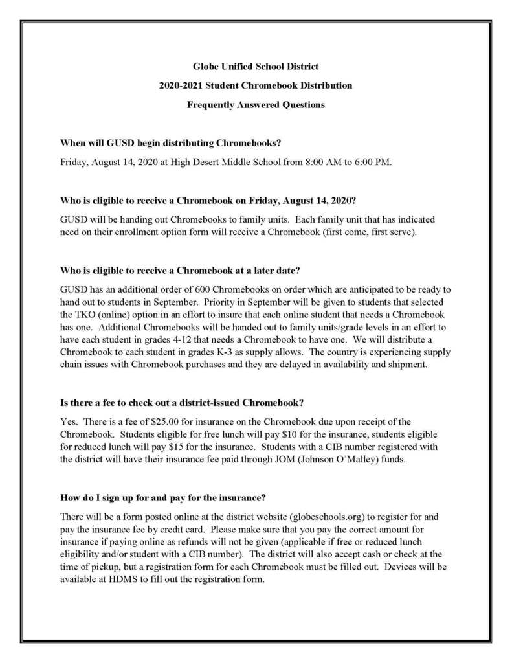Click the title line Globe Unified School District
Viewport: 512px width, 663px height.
(256, 66)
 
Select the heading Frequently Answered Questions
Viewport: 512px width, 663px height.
(256, 104)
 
